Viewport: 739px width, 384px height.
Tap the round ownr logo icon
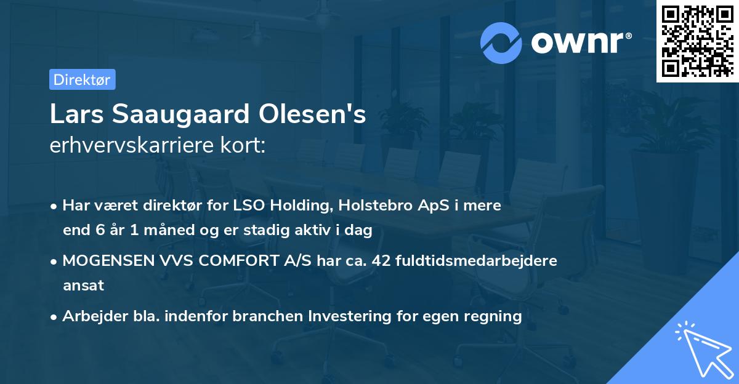coord(501,42)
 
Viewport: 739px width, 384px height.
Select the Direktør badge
coord(82,80)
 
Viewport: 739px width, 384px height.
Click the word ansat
coord(83,286)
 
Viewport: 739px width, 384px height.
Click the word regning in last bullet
coord(494,316)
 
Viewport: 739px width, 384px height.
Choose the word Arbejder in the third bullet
coord(89,316)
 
